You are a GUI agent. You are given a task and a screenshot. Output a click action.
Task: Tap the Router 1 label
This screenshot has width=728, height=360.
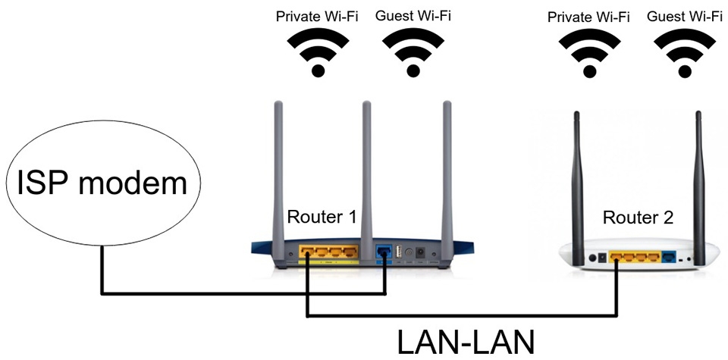pos(322,218)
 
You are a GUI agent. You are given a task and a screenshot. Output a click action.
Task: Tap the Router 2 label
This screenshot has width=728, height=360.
pos(637,218)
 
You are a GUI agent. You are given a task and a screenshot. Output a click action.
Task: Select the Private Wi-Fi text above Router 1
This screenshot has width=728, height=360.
pos(318,15)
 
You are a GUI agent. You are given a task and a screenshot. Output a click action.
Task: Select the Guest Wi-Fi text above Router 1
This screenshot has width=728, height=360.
pos(413,15)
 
